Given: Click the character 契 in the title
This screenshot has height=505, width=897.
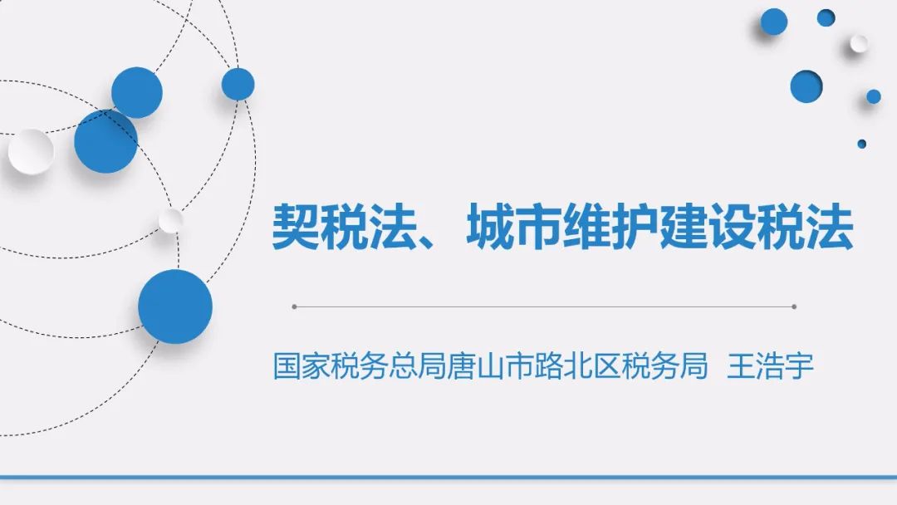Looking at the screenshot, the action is pyautogui.click(x=295, y=227).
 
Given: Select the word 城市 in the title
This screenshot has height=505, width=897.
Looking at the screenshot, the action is pyautogui.click(x=513, y=227).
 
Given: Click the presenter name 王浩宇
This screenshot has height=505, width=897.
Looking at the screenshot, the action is pyautogui.click(x=770, y=366).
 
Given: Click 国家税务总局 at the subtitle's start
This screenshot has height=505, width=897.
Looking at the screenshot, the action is pyautogui.click(x=360, y=366).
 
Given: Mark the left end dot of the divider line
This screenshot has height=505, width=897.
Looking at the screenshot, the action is pyautogui.click(x=294, y=306).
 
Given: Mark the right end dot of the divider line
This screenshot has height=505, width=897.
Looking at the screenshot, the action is pyautogui.click(x=794, y=306).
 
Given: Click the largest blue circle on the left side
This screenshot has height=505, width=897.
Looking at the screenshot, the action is pyautogui.click(x=175, y=306).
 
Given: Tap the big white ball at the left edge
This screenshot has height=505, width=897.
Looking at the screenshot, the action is pyautogui.click(x=31, y=151).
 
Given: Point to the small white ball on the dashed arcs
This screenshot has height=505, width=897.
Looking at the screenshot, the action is pyautogui.click(x=170, y=220).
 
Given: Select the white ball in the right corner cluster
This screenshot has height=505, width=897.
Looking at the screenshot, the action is pyautogui.click(x=858, y=43).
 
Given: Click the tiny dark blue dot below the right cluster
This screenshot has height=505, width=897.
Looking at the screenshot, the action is pyautogui.click(x=861, y=145).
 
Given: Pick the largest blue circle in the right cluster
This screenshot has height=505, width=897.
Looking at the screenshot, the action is pyautogui.click(x=806, y=86).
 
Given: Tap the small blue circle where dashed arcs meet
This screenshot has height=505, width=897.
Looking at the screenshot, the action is pyautogui.click(x=238, y=84).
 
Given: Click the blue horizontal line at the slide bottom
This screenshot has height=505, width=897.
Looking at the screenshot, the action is pyautogui.click(x=448, y=477).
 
